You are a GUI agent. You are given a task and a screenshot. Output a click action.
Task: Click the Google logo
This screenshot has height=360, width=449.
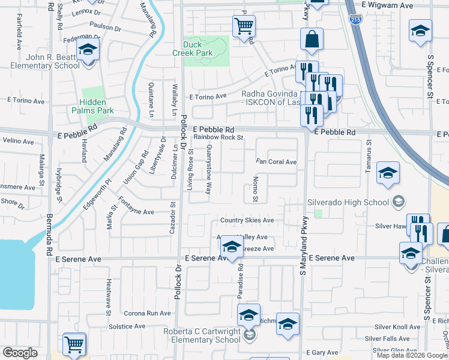[x=20, y=353]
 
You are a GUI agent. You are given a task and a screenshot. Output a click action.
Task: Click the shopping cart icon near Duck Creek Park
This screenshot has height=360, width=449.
[x=244, y=26]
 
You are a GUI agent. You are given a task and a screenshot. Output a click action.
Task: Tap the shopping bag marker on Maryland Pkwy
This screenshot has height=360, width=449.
[x=312, y=40]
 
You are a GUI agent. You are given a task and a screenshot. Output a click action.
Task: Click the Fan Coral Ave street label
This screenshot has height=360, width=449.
[x=276, y=162]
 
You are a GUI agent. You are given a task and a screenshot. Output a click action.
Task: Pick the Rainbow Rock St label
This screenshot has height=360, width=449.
[x=218, y=137]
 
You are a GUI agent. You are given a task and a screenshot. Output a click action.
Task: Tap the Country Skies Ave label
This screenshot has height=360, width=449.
[x=247, y=220]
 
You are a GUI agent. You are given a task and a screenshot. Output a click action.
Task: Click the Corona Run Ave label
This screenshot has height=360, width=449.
[x=147, y=313]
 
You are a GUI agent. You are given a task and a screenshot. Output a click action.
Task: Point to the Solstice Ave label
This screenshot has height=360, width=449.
[x=127, y=326]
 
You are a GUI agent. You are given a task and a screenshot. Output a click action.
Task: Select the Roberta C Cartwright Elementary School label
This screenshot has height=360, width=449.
[x=203, y=335]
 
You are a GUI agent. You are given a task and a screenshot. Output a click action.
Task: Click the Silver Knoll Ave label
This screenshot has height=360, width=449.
[x=397, y=327]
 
